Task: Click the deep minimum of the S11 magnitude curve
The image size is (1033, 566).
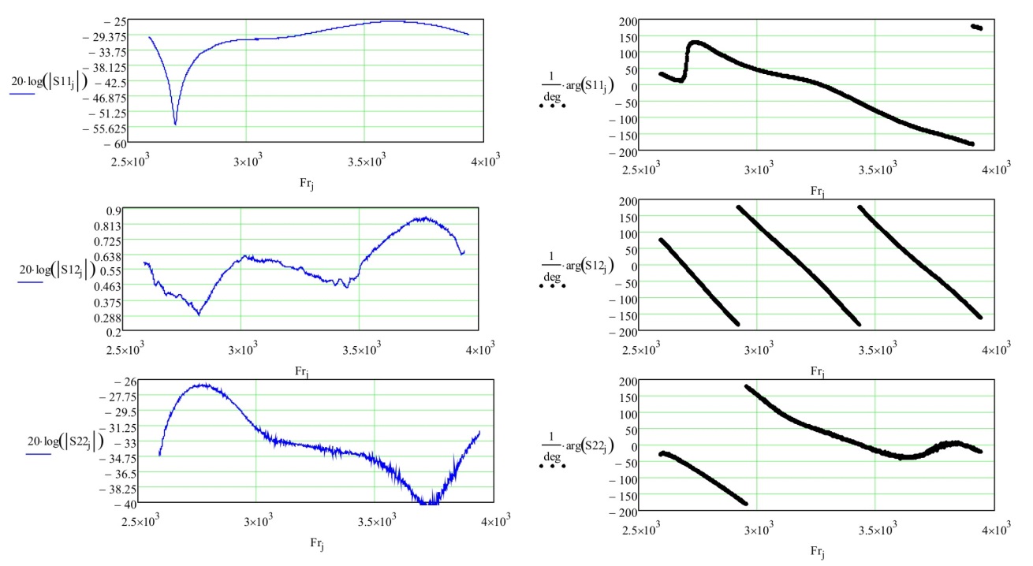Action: [x=175, y=125]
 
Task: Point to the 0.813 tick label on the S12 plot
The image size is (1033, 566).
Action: [x=107, y=225]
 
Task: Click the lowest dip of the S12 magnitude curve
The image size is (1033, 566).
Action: [x=199, y=315]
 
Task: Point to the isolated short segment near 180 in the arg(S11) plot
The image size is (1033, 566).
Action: [x=976, y=27]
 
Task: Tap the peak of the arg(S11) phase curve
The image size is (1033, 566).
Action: [x=695, y=43]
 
